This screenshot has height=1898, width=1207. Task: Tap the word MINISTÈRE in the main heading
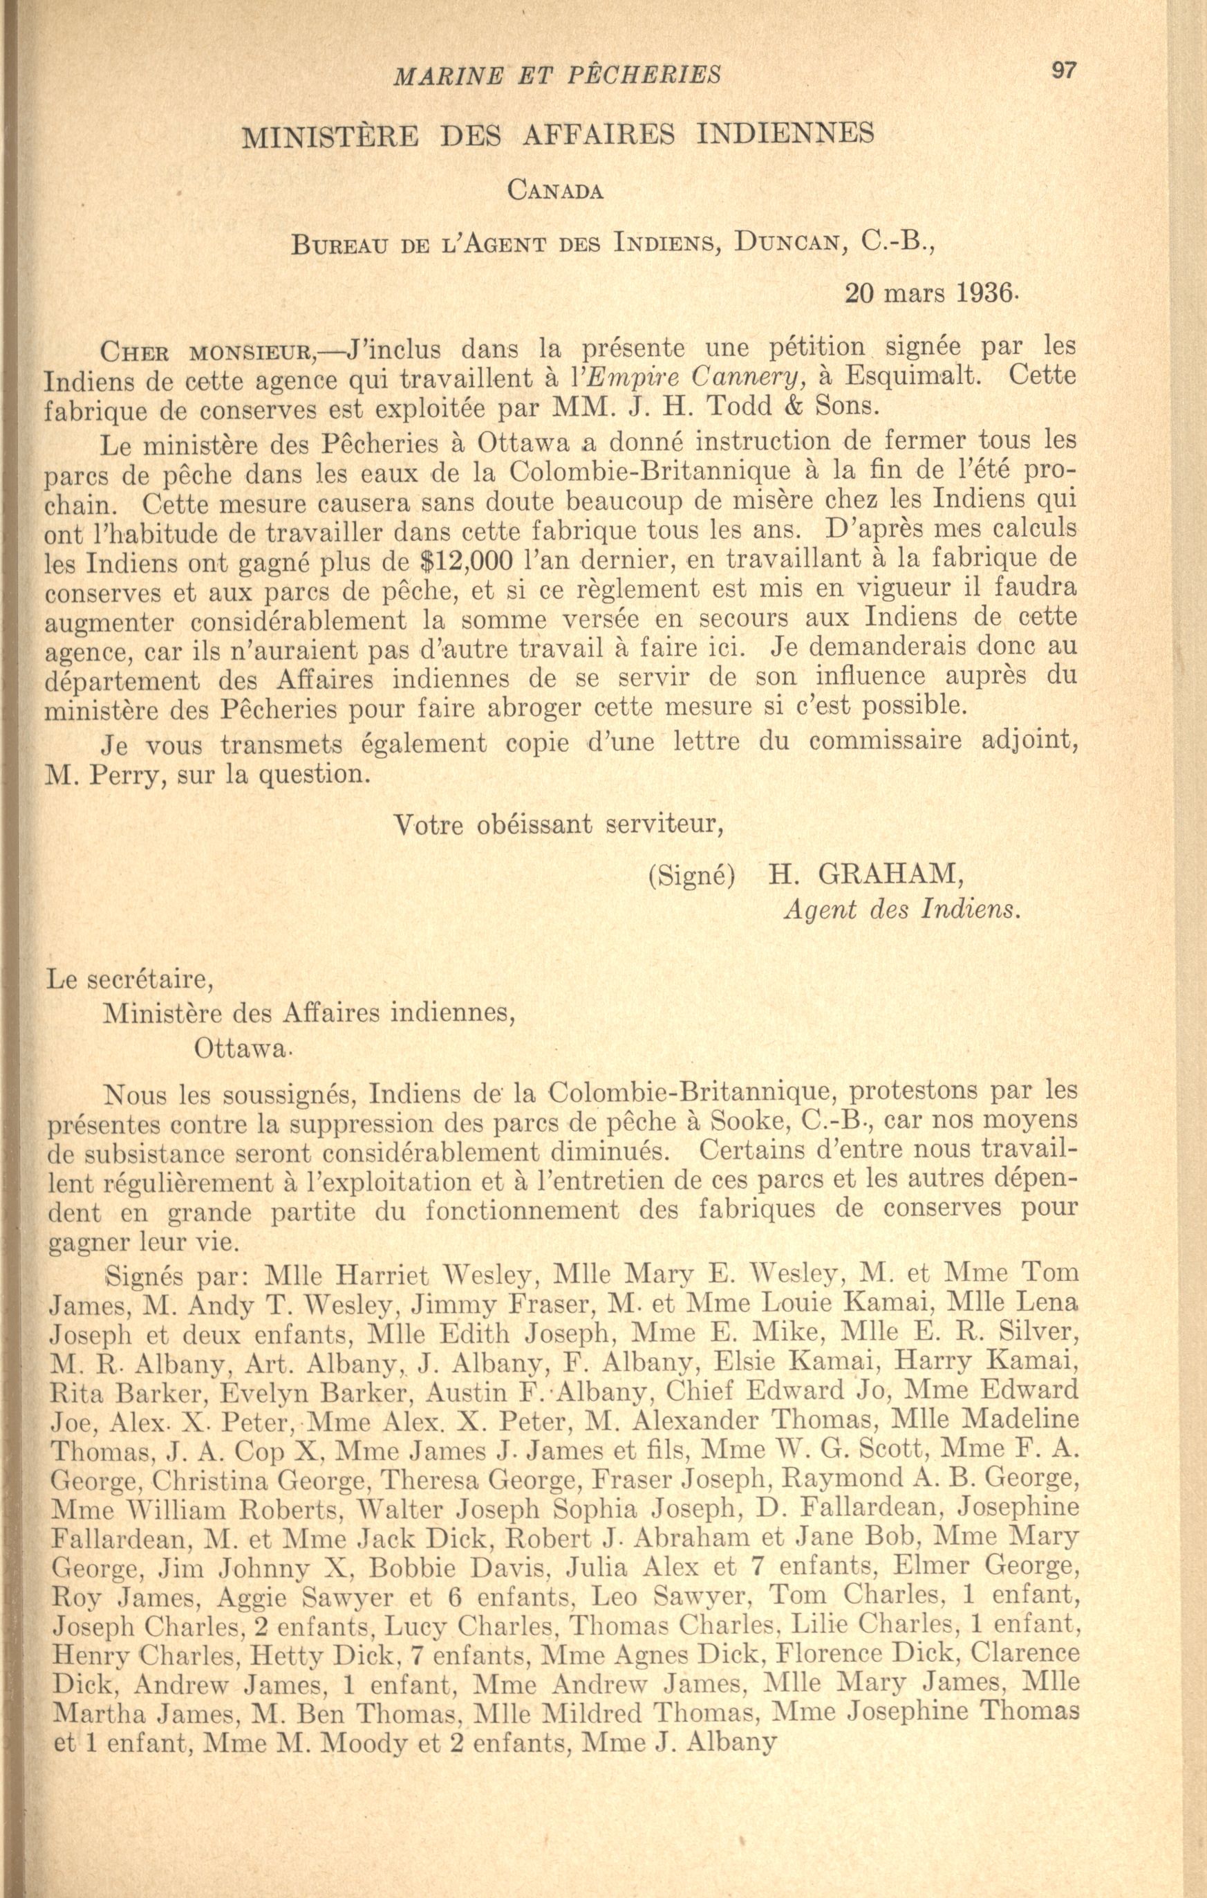tap(333, 136)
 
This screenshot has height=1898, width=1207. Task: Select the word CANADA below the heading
tap(555, 191)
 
